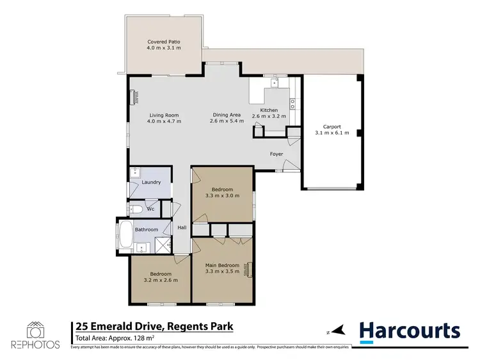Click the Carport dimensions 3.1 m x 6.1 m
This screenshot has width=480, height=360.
coord(332,133)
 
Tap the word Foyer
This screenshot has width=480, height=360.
coord(276,154)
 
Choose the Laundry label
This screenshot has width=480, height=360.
coord(151,183)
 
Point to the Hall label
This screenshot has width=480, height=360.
coord(182,228)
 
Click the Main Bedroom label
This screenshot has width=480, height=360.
coord(222,265)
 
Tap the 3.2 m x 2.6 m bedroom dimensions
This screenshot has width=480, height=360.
coord(160,280)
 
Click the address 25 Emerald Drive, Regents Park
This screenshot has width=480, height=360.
coord(154,327)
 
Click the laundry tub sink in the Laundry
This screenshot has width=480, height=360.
coord(136,172)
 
